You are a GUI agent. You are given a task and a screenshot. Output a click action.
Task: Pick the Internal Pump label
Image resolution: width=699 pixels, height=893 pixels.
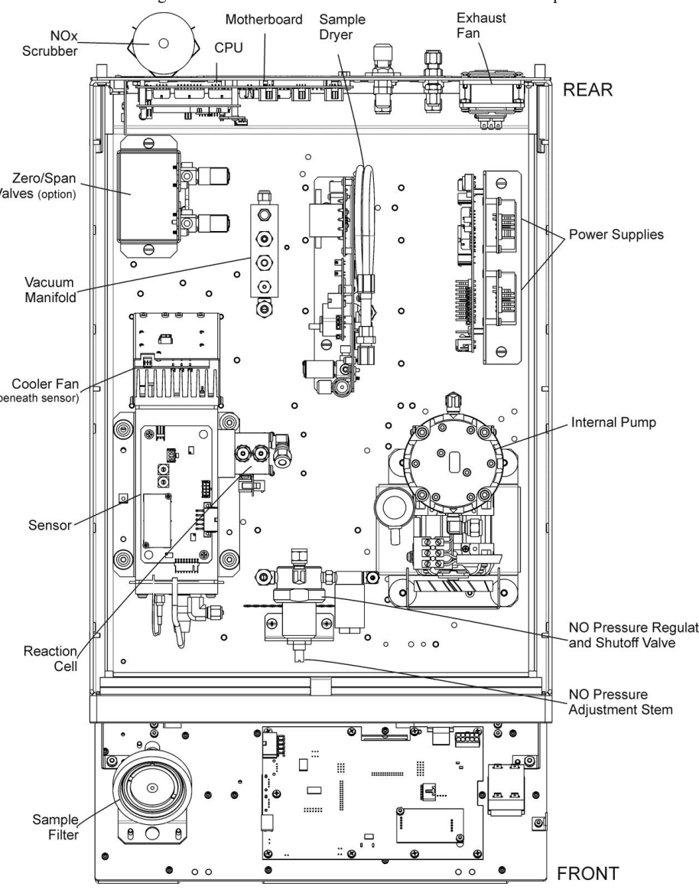tap(611, 422)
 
